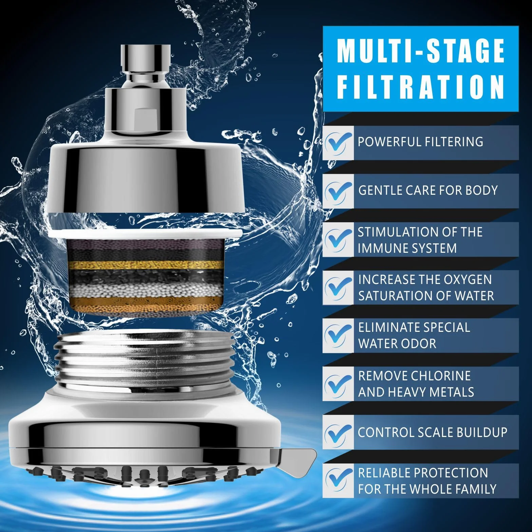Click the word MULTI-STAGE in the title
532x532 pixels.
pyautogui.click(x=421, y=51)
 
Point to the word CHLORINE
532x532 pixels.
pyautogui.click(x=441, y=376)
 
